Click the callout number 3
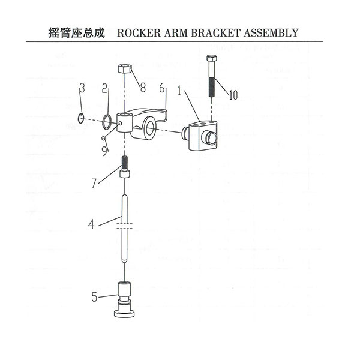82,88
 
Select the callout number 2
104,88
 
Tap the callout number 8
143,88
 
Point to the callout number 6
162,88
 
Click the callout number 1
180,91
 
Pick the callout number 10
233,95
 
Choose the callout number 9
104,151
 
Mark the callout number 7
94,184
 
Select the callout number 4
91,224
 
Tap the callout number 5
94,297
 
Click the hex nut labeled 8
125,68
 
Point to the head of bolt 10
211,58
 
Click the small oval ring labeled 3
81,118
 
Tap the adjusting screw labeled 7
124,167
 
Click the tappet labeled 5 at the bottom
124,300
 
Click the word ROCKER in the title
139,33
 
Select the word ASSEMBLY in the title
271,33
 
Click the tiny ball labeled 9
103,138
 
